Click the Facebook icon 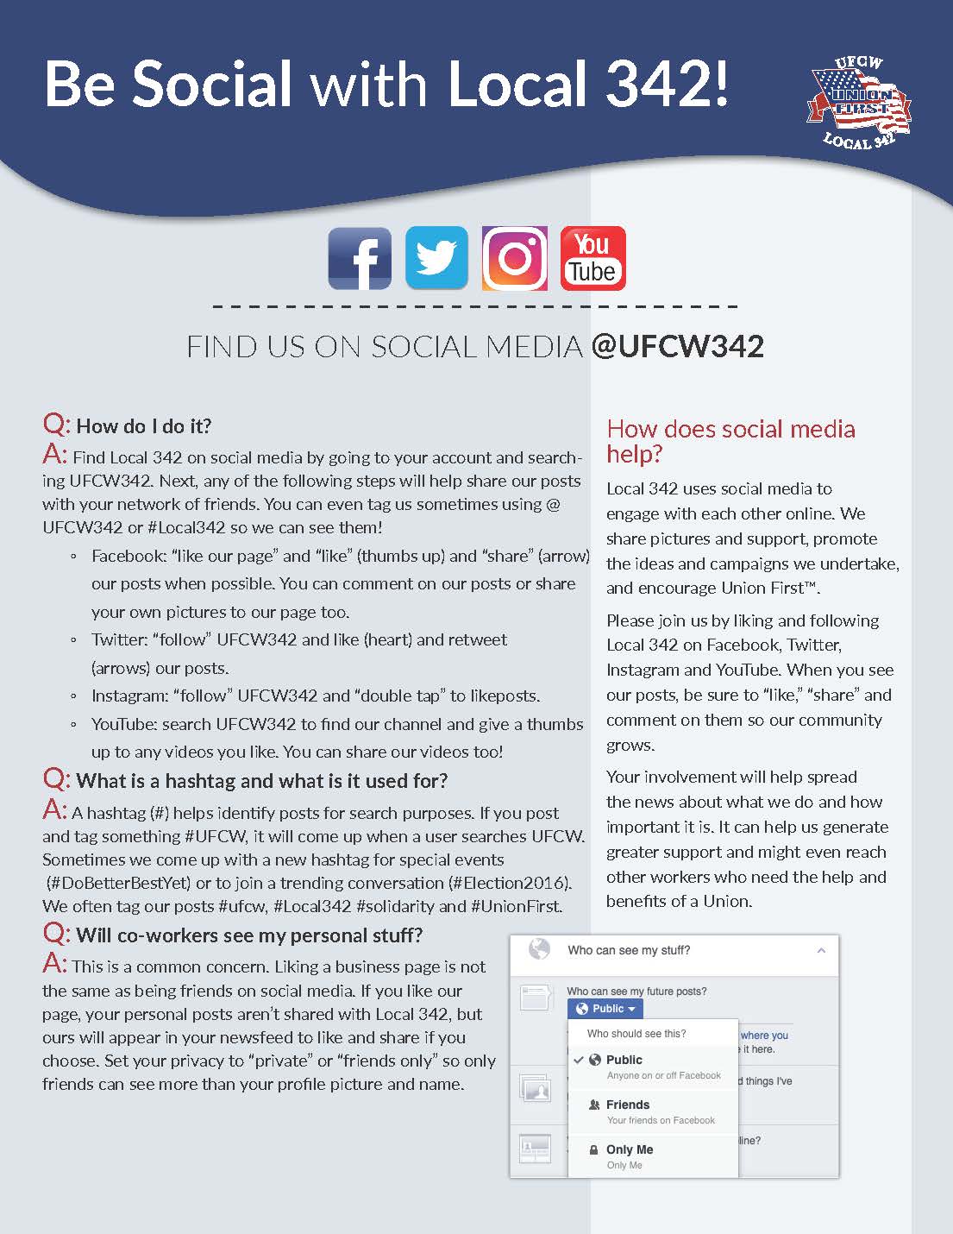point(360,259)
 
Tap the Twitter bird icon point(436,258)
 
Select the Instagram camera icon point(514,258)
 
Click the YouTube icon point(592,258)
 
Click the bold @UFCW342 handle point(678,347)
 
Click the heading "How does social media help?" point(730,441)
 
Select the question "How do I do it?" point(143,425)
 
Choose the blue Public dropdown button point(605,1008)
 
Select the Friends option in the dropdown point(628,1105)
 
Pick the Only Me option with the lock point(630,1149)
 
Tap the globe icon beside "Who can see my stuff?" point(539,949)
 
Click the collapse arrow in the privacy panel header point(821,950)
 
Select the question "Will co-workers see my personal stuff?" point(249,935)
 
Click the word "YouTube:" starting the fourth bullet point(123,724)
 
